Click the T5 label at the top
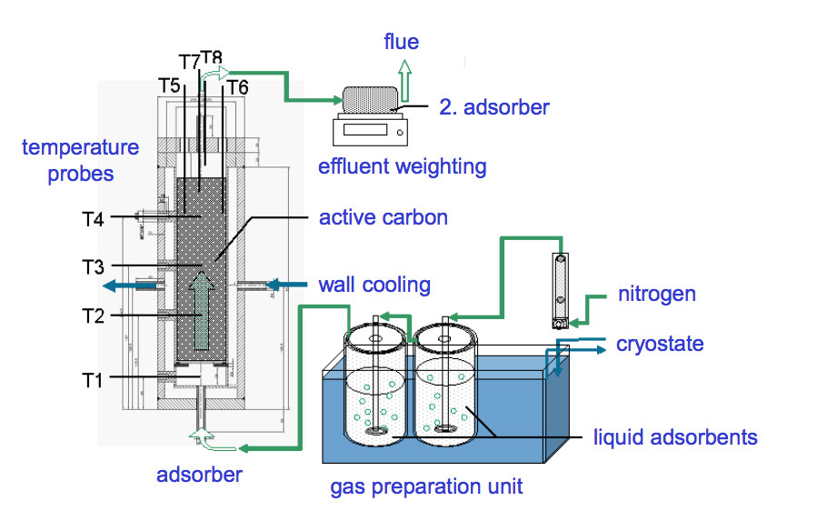169,85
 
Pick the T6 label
237,87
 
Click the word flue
401,42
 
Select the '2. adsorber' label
493,107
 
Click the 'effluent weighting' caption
402,166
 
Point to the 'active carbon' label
383,218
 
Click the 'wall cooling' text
374,285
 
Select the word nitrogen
656,294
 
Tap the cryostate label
660,344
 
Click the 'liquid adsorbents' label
674,437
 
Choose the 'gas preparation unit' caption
426,486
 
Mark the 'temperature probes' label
81,160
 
